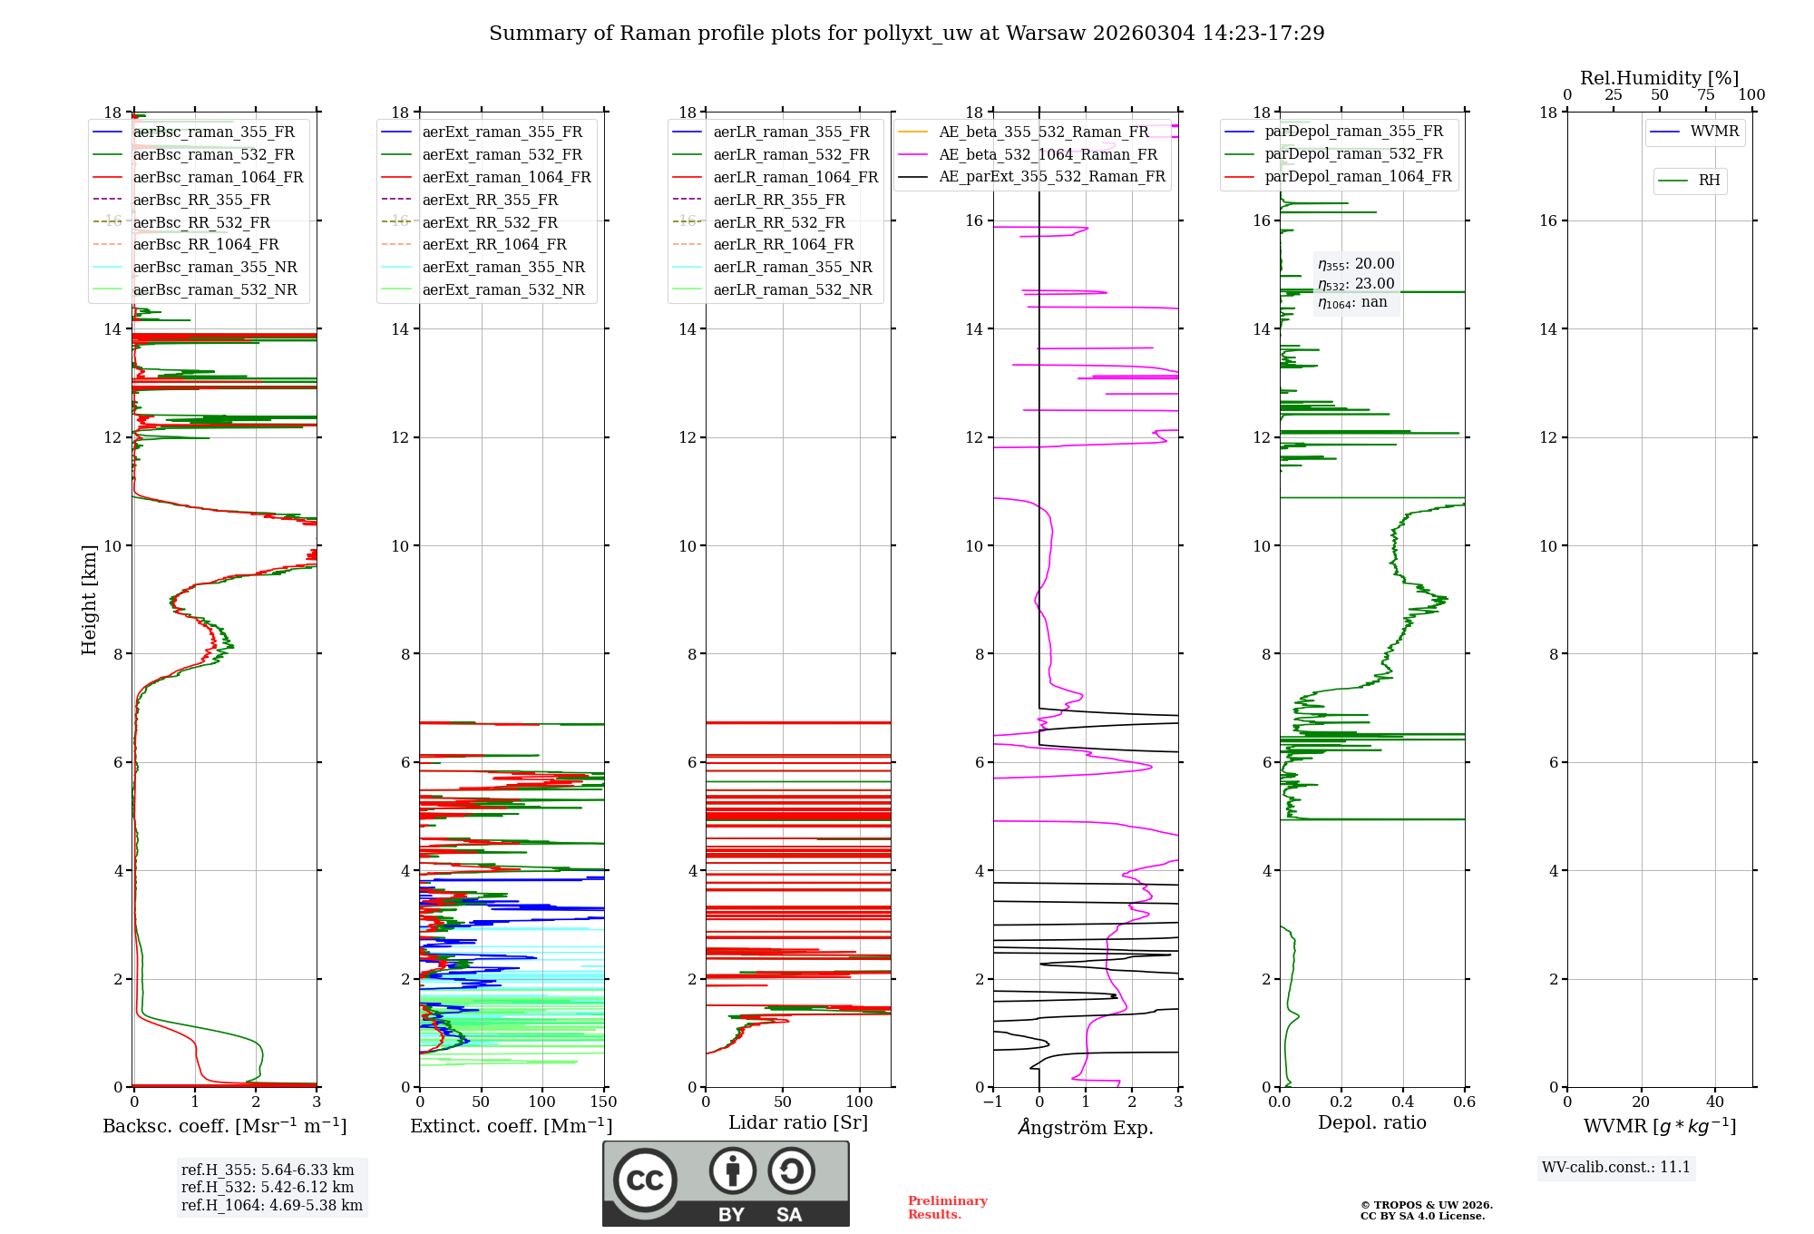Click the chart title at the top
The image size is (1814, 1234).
tap(906, 34)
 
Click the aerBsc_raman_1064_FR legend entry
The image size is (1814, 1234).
tap(218, 177)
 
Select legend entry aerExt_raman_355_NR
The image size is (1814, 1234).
tap(503, 267)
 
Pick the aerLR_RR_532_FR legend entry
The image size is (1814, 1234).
tap(778, 222)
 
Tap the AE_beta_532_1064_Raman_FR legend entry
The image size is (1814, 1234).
tap(1048, 154)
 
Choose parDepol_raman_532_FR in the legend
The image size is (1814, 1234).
tap(1353, 154)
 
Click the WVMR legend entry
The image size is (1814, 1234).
tap(1714, 132)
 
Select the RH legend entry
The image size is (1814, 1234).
tap(1709, 181)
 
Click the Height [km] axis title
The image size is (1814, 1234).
tap(89, 599)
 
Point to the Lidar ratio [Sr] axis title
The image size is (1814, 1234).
tap(798, 1122)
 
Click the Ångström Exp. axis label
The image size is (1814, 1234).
tap(1086, 1127)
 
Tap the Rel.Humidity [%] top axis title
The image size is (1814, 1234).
tap(1659, 78)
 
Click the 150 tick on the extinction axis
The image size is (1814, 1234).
tap(603, 1102)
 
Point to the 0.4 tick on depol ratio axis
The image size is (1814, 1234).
tap(1403, 1102)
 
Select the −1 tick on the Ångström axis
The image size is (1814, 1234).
tap(993, 1102)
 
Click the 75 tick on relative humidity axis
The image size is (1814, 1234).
tap(1705, 95)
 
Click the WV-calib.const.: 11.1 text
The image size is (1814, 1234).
tap(1616, 1167)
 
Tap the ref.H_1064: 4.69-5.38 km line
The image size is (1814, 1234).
tap(272, 1205)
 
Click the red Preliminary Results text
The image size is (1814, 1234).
tap(947, 1207)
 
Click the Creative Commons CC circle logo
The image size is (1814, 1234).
tap(645, 1180)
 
